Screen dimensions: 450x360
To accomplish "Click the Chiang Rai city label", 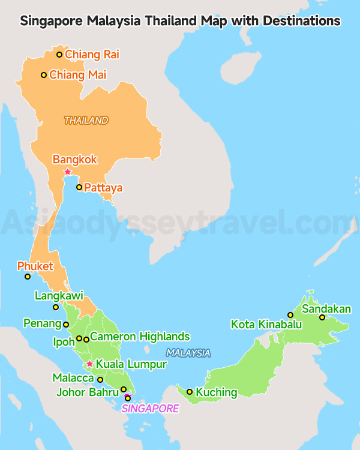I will [x=92, y=55].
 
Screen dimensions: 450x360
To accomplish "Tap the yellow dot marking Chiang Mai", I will [x=44, y=75].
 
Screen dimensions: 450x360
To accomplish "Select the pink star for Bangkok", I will [x=68, y=172].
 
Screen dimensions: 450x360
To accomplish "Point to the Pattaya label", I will [x=103, y=188].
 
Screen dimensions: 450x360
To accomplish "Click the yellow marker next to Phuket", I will [x=28, y=277].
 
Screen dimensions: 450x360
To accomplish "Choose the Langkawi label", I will [x=59, y=296].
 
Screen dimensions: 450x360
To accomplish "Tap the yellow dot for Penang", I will [x=66, y=325].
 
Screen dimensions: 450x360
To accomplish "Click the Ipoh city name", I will [x=64, y=341].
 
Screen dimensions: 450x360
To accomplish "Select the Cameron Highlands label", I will [x=140, y=337].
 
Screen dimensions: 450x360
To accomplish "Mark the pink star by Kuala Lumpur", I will [x=89, y=364].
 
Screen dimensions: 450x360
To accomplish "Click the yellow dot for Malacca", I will [x=100, y=379].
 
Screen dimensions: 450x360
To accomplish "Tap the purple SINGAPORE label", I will [x=150, y=409].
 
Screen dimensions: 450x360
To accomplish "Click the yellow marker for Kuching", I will [x=190, y=392].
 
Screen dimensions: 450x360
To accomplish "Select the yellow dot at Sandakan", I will [x=322, y=317].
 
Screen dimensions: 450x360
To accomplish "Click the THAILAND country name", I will [x=86, y=121].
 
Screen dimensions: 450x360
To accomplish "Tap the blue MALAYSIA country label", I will [x=188, y=353].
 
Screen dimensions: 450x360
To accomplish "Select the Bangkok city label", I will [x=75, y=160].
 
